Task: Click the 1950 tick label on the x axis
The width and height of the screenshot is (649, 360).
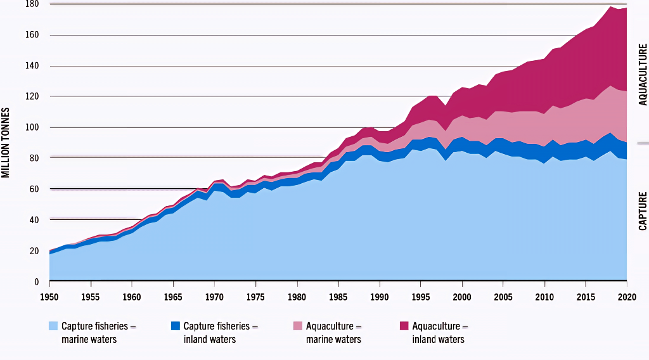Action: coord(49,297)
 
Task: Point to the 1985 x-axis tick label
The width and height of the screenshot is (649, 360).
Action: coord(338,297)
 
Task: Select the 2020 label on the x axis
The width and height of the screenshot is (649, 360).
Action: coord(627,297)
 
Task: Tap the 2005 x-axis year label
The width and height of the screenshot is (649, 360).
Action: coord(503,297)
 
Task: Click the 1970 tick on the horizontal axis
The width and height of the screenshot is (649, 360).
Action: coord(214,297)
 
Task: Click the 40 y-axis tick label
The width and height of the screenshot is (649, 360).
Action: coord(34,220)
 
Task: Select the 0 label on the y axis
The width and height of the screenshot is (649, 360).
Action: coord(37,281)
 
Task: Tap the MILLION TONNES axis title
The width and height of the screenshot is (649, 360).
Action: coord(6,143)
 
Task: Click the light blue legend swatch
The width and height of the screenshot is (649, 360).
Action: coord(54,326)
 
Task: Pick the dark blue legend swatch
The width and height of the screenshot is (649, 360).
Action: coord(176,326)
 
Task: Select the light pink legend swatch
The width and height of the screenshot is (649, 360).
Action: coord(298,326)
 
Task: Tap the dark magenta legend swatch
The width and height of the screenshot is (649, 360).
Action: coord(404,326)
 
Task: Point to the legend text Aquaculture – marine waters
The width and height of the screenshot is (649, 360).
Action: coord(334,333)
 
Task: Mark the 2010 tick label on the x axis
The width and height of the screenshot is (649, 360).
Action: coord(544,297)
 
